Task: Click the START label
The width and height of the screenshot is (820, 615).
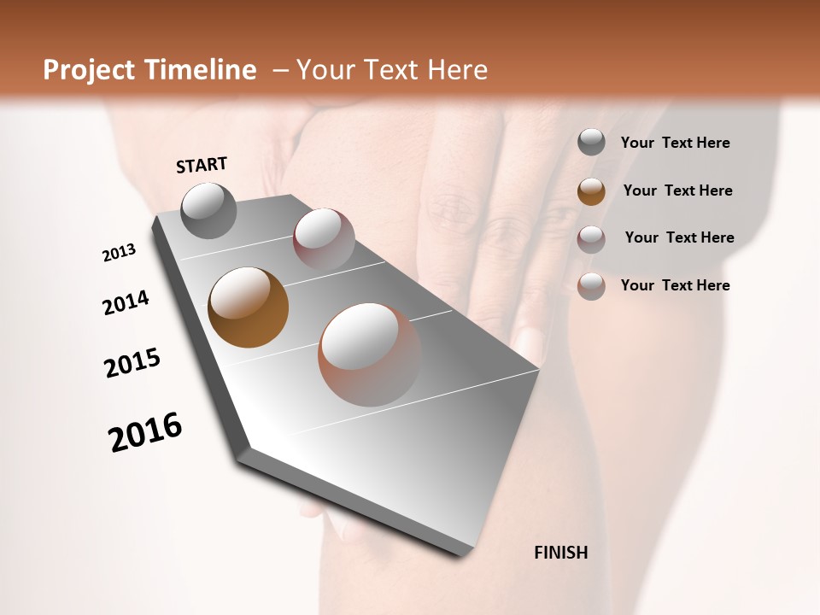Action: [x=202, y=165]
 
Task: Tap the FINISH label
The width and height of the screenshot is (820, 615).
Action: [x=560, y=553]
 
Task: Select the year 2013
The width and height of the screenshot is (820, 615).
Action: [x=119, y=253]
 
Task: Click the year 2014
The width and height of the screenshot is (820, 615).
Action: [x=126, y=303]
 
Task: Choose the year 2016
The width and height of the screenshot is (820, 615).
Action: [x=145, y=432]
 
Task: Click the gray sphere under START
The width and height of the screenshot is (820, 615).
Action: [x=208, y=210]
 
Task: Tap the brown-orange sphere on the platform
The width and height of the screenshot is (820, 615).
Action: [x=248, y=307]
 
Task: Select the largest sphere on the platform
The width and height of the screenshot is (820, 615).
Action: [x=369, y=354]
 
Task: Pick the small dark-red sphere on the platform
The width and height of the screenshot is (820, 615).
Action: [x=324, y=238]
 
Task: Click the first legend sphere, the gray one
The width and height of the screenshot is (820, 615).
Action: [x=591, y=143]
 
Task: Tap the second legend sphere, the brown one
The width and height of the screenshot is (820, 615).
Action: [x=591, y=190]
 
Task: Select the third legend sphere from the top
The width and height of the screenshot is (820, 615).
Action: [x=591, y=238]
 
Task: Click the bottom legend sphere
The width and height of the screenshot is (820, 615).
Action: [x=591, y=285]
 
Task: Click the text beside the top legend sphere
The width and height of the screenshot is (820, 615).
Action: [x=675, y=143]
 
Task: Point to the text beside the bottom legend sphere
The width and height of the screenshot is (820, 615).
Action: [x=675, y=285]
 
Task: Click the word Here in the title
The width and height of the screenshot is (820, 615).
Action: [x=457, y=70]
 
